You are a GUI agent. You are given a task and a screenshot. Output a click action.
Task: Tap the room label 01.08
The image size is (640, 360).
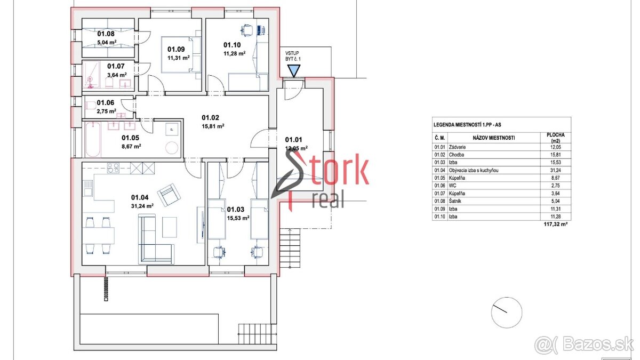coord(106,34)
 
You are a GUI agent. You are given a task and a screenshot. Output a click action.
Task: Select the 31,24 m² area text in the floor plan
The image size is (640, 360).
coord(142,206)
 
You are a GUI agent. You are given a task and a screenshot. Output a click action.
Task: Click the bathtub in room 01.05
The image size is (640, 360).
coord(93,140)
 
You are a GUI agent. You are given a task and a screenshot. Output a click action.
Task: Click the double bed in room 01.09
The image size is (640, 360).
coord(181,54)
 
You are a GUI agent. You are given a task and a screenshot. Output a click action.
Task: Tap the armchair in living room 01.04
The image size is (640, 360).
coord(169,195)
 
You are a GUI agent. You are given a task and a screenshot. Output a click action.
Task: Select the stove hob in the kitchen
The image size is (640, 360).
coord(113,168)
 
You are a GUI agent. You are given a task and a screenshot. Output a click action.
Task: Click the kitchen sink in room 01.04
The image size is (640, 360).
coord(88,189)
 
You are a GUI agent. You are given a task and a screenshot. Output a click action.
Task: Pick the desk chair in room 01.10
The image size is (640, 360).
coord(247,30)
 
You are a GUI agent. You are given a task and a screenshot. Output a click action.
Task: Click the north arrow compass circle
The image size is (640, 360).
coord(507,313)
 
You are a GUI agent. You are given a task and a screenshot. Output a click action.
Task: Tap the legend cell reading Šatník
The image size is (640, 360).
coord(455,201)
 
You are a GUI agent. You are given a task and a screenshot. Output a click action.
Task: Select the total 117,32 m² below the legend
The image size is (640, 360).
coord(555,225)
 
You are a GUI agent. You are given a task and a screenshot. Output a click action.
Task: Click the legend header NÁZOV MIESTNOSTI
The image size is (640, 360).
coord(494,138)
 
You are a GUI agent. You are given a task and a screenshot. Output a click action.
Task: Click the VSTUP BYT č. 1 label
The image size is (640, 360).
coord(293,56)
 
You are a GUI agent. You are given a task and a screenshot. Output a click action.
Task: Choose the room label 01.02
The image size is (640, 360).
coord(210,118)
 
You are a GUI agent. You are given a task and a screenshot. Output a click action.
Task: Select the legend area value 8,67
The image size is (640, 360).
coord(555,178)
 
